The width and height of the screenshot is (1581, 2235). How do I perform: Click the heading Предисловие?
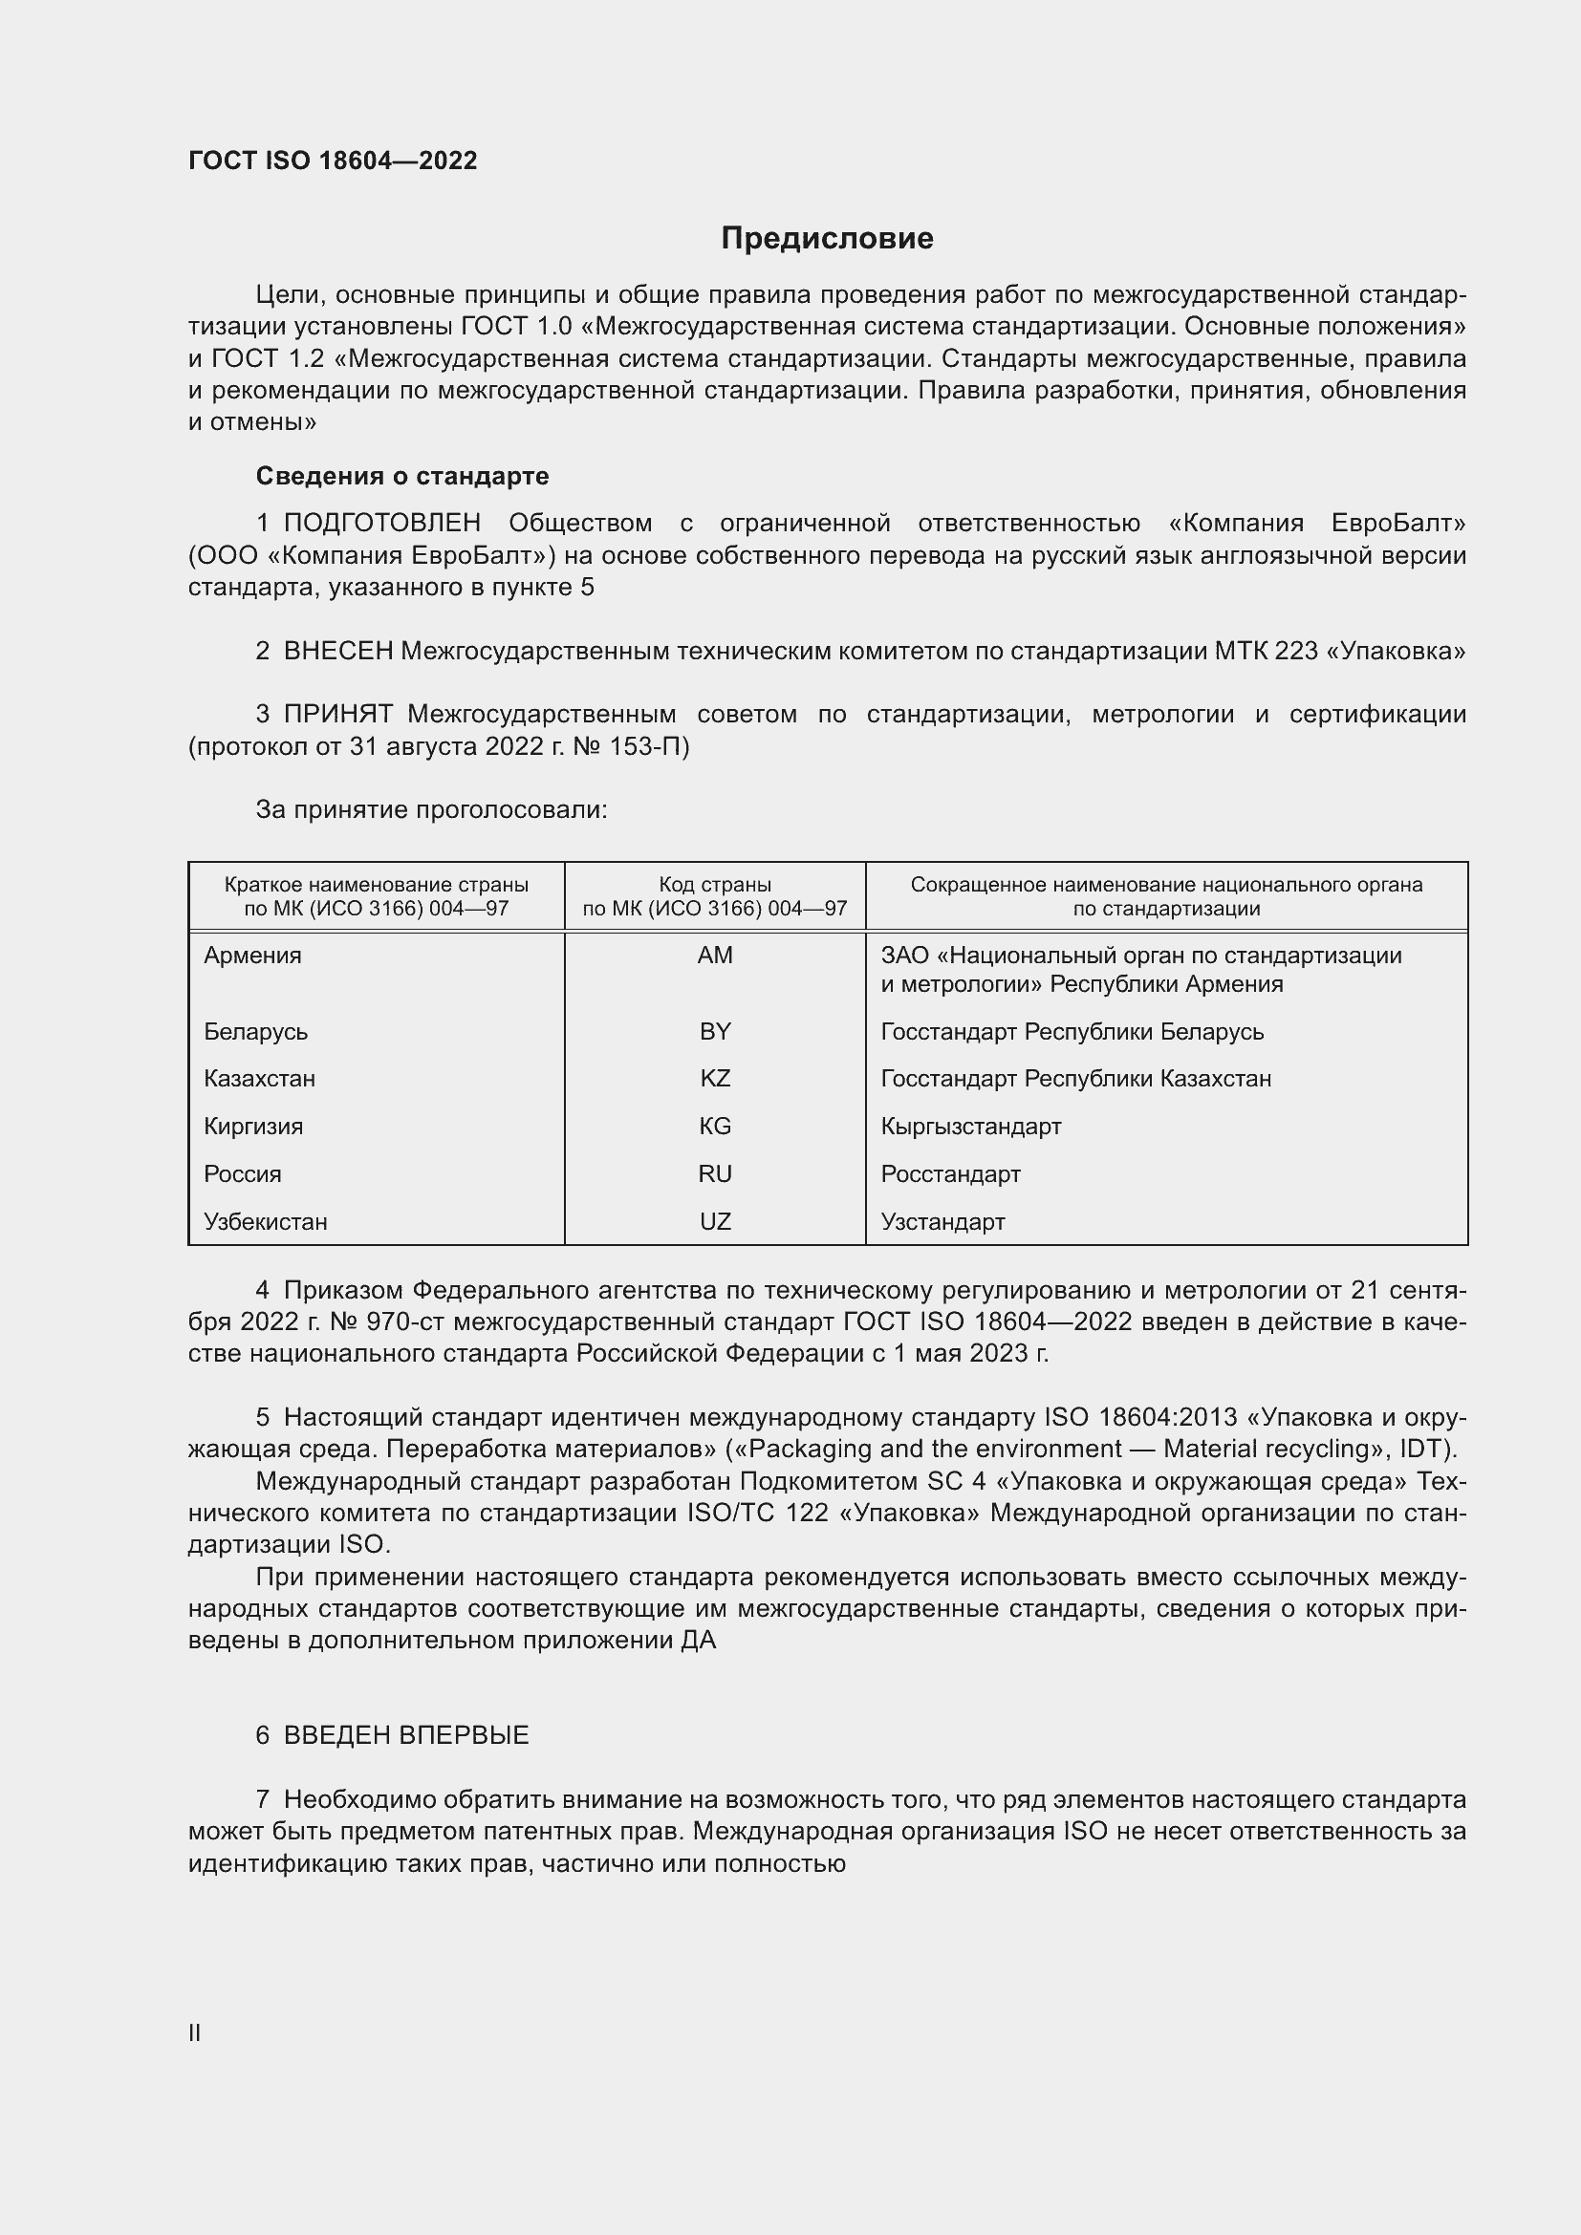click(827, 239)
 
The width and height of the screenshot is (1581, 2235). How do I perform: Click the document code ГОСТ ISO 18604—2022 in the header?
click(333, 161)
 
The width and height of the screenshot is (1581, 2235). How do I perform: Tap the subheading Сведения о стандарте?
click(402, 476)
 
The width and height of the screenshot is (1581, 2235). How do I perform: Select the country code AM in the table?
click(715, 955)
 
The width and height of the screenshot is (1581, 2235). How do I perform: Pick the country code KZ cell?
click(715, 1079)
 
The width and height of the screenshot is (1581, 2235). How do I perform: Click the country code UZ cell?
click(715, 1222)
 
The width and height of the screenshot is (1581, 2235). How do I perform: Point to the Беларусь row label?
click(255, 1031)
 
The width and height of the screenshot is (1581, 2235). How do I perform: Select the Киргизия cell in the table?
click(253, 1127)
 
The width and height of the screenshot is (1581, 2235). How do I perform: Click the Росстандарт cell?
click(950, 1174)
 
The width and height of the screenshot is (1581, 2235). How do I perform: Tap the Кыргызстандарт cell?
click(970, 1127)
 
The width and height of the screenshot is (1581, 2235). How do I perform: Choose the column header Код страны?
click(715, 885)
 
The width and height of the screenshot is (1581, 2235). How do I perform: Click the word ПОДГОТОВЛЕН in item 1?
click(381, 524)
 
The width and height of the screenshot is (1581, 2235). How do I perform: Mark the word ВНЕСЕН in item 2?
click(337, 652)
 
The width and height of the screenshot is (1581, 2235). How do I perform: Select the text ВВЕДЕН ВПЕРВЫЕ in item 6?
click(406, 1734)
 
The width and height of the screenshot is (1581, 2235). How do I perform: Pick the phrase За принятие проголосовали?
click(431, 810)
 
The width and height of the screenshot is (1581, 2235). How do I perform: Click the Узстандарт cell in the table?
click(942, 1222)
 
